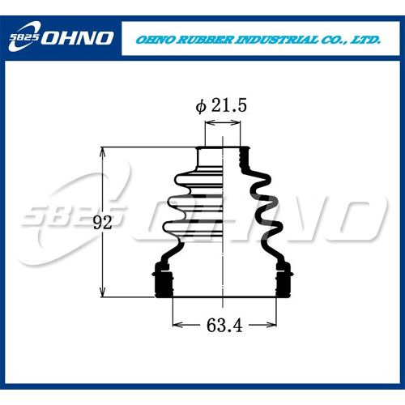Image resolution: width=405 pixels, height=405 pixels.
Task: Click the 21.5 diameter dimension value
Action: (x=229, y=105)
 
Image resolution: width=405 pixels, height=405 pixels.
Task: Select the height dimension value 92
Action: (x=103, y=223)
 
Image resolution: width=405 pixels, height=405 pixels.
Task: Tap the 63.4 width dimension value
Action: (x=224, y=325)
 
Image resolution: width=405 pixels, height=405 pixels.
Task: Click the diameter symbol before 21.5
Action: (x=201, y=106)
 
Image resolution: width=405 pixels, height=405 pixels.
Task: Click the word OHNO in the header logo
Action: (x=77, y=38)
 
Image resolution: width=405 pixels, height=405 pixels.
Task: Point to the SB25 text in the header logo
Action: (x=24, y=37)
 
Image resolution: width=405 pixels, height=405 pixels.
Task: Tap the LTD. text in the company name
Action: (x=365, y=40)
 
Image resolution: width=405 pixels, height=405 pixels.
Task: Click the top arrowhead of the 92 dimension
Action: (x=102, y=151)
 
